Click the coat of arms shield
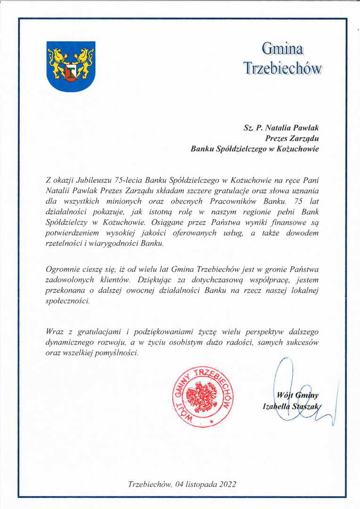coord(71,66)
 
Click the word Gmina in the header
coord(282,48)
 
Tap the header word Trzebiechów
coord(282,68)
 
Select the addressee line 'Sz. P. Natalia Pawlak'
coord(281,127)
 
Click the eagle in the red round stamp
coord(202,395)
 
